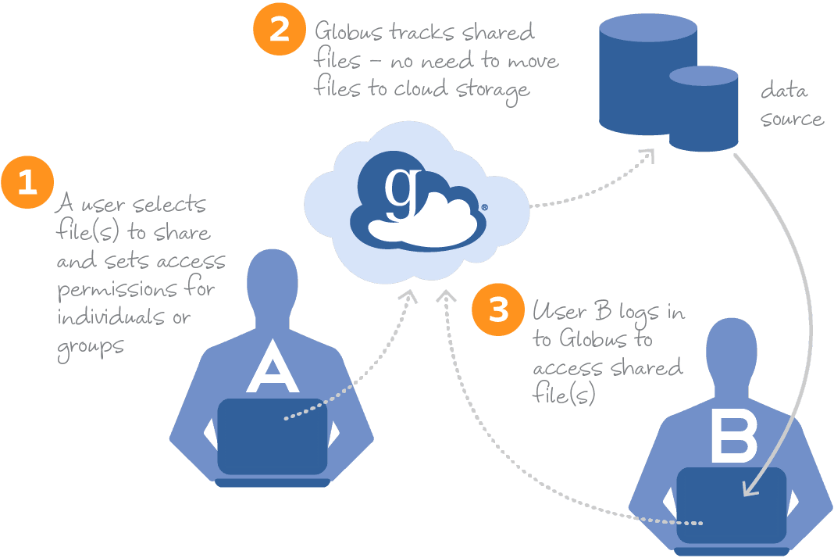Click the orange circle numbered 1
pos(27,183)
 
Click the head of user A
pos(273,285)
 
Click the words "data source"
pos(790,105)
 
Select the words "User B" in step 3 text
pos(571,311)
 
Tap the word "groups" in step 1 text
pos(90,345)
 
